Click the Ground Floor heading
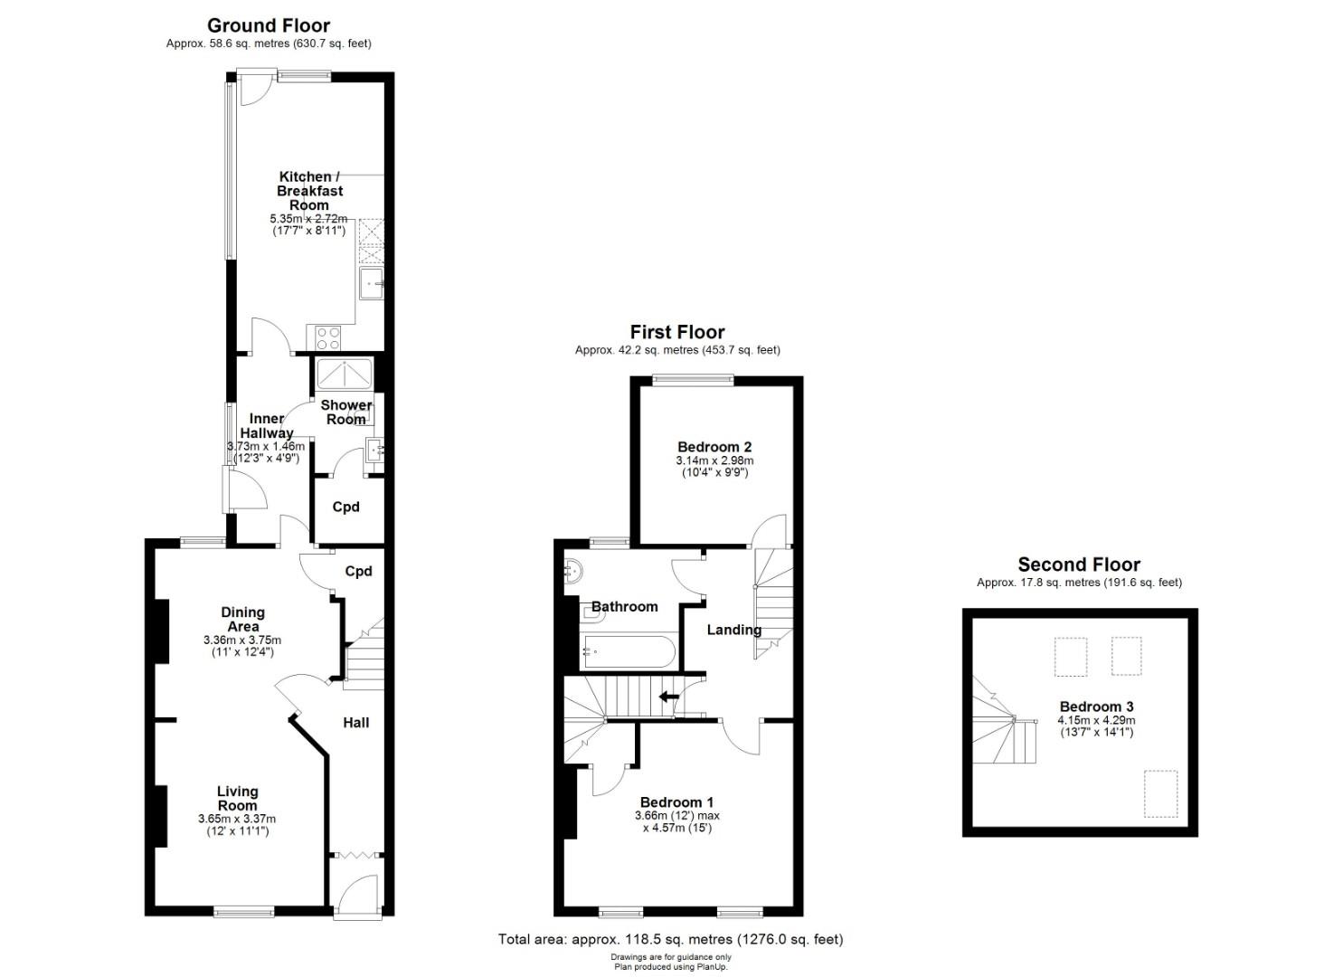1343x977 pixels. pos(269,26)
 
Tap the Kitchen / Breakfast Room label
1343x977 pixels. pos(309,191)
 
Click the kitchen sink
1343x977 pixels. pos(372,283)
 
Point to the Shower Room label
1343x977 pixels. pos(346,412)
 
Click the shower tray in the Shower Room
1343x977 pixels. pos(345,375)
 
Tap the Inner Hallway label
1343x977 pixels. pos(267,426)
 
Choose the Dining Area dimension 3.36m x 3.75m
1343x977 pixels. pos(242,640)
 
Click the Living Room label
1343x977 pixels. pos(238,798)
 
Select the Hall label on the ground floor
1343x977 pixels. pos(356,723)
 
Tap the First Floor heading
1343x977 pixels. pos(677,332)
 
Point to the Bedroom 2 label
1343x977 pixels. pos(714,447)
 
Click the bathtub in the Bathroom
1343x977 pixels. pos(628,652)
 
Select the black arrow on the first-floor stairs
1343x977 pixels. pos(668,697)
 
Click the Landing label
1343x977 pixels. pos(733,630)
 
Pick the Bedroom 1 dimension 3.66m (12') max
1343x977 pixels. pos(677,816)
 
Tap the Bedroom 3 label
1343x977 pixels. pos(1097,707)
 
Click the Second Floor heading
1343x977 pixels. pos(1079,564)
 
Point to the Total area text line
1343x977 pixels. pos(670,939)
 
